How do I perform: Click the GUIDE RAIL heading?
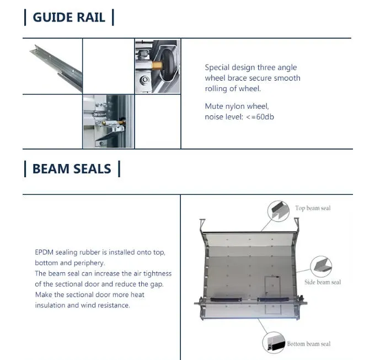point(69,17)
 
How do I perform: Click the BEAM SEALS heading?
point(72,168)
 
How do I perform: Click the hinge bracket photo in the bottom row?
point(108,121)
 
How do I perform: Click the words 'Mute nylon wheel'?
point(237,106)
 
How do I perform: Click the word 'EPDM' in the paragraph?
point(44,252)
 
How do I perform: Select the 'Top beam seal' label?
point(313,208)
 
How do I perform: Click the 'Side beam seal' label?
point(323,282)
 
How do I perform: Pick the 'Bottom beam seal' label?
point(309,344)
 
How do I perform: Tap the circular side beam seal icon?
point(320,266)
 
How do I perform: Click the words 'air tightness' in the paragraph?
point(149,273)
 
